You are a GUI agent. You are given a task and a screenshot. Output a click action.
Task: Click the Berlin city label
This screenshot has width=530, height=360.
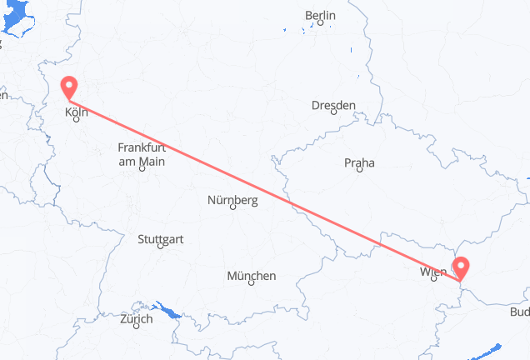[320, 15]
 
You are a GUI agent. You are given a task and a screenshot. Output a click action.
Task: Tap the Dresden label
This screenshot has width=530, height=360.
[333, 105]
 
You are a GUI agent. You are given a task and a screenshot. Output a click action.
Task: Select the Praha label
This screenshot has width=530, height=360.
[359, 163]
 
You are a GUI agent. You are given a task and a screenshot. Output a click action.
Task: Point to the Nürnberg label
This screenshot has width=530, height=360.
[232, 200]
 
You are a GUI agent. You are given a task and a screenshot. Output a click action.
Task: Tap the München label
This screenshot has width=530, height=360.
[251, 276]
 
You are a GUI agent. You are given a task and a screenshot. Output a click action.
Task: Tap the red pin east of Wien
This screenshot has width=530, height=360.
[461, 267]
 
